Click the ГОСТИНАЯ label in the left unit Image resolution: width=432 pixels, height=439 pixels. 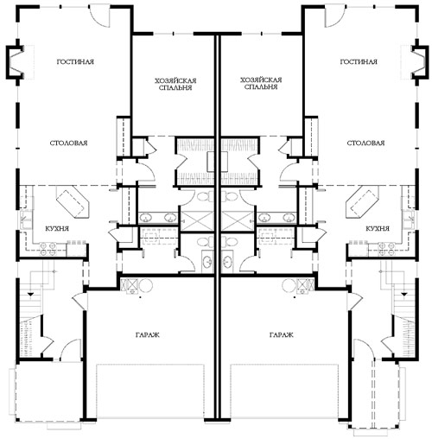point(75,61)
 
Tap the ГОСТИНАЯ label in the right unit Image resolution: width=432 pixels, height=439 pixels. point(359,61)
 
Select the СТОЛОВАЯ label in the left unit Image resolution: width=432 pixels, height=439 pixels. point(68,143)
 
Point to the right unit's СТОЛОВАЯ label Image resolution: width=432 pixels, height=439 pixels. point(365,143)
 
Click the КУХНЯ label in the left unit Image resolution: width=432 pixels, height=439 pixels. point(57,229)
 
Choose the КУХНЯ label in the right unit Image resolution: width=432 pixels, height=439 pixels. point(378,229)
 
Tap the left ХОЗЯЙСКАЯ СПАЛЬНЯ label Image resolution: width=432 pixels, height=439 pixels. point(175,84)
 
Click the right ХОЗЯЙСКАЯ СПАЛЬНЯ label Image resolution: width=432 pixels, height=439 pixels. point(261,83)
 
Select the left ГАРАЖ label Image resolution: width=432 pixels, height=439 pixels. point(148,334)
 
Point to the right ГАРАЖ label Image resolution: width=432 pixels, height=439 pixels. point(282,334)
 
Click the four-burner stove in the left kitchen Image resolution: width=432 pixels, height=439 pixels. point(48,250)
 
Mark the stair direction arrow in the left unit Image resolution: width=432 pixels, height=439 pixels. point(30,295)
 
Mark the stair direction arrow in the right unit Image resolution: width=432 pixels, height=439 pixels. point(404,295)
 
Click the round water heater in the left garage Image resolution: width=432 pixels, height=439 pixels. point(146,286)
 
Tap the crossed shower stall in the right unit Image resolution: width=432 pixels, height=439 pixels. point(238,220)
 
